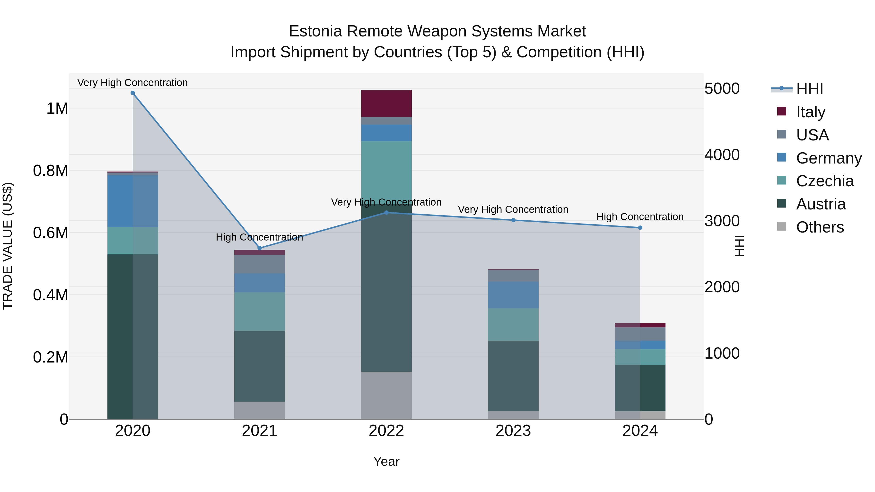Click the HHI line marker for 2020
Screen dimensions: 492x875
click(133, 93)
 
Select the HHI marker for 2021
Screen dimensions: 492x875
click(260, 248)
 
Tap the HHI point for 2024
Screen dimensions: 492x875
click(640, 228)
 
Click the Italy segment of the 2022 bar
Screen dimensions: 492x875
click(386, 104)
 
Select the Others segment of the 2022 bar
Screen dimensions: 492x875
click(386, 395)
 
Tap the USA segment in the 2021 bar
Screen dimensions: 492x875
click(260, 264)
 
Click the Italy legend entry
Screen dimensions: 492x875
click(810, 112)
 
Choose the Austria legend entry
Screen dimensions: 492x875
click(821, 204)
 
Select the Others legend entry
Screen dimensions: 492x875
click(820, 227)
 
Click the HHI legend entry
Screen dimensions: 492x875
click(809, 89)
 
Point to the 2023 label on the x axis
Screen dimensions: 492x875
click(513, 431)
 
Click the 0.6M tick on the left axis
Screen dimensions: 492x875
click(51, 233)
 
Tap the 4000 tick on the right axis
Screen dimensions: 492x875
click(722, 155)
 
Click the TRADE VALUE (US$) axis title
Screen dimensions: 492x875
click(8, 246)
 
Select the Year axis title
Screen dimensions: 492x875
click(386, 461)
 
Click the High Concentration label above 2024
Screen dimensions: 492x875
click(640, 217)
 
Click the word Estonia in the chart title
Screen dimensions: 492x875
click(315, 31)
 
